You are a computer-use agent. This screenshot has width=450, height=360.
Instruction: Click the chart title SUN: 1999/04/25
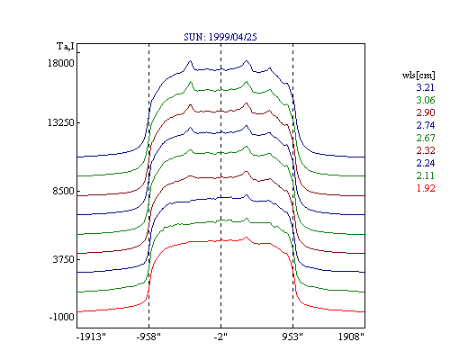(220, 37)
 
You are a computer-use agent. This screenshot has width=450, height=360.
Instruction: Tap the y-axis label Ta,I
(66, 47)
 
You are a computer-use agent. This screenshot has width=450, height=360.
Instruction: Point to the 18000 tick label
(61, 63)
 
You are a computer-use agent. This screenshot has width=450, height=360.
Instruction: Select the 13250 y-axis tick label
(61, 122)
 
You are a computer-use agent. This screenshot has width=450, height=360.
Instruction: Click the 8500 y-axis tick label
(63, 191)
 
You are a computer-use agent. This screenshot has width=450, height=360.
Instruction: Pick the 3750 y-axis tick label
(63, 259)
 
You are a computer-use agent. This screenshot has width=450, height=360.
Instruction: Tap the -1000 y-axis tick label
(61, 317)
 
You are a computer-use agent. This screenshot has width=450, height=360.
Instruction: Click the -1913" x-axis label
(91, 337)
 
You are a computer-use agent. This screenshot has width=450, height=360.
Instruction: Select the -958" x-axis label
(148, 337)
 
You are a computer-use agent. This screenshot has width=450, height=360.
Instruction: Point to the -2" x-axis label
(220, 337)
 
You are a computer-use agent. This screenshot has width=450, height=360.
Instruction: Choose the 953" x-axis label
(292, 337)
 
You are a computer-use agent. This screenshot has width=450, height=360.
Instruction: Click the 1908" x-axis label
(351, 337)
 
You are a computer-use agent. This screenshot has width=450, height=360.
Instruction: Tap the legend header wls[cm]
(418, 75)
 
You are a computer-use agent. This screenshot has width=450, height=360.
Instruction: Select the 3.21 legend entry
(426, 87)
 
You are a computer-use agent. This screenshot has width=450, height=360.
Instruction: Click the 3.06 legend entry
(426, 100)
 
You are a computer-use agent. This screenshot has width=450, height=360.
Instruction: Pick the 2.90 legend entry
(426, 112)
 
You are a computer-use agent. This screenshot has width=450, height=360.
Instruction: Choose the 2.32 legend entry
(426, 150)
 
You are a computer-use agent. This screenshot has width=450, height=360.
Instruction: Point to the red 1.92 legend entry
(426, 188)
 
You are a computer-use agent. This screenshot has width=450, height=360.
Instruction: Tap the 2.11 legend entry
(426, 175)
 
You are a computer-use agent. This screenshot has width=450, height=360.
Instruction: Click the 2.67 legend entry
(426, 138)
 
